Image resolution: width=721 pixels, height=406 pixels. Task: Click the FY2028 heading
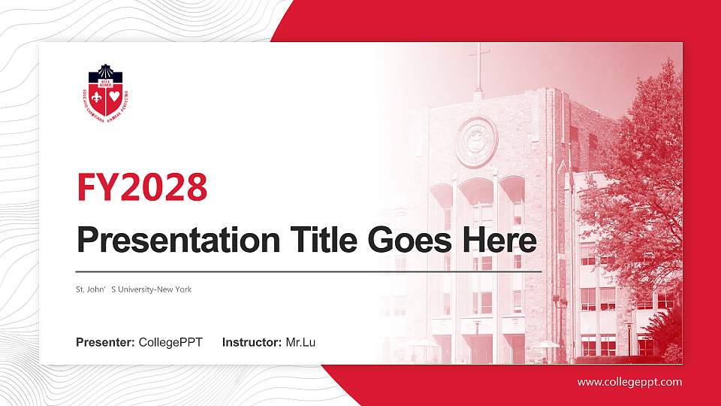point(142,187)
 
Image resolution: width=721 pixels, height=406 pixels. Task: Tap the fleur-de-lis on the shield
point(97,97)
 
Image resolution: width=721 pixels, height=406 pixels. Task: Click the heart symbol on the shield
point(114,97)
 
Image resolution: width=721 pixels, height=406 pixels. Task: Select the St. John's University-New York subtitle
point(134,289)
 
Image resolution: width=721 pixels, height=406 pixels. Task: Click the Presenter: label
point(105,343)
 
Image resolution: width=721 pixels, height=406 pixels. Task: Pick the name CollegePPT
point(170,343)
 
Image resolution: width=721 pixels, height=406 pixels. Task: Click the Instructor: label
point(252,343)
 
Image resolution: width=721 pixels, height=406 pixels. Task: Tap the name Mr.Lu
point(300,343)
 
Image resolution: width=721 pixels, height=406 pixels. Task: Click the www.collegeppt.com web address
point(629,382)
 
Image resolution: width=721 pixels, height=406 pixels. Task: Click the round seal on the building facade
point(476,141)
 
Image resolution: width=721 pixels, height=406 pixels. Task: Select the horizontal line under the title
point(309,271)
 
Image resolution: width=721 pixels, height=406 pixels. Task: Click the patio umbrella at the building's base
point(546,345)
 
